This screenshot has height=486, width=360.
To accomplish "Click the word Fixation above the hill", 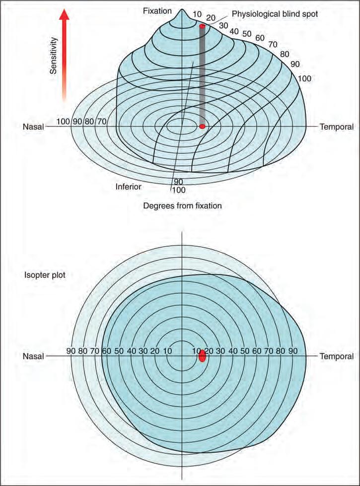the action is [157, 10].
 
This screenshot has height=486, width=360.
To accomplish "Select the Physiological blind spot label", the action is [275, 14].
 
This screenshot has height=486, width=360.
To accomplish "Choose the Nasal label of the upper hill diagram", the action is [33, 127].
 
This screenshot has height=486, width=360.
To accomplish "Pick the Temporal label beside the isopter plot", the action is [337, 356].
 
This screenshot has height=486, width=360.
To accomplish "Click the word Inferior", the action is [129, 187].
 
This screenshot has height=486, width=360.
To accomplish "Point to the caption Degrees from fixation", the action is [182, 205].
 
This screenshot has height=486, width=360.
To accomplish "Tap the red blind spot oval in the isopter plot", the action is [202, 356].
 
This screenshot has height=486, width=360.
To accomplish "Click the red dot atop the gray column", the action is [202, 26].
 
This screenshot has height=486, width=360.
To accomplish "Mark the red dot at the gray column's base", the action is [202, 127].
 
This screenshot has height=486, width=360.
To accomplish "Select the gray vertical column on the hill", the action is [202, 74].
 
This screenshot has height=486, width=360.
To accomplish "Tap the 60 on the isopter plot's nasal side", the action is [106, 351].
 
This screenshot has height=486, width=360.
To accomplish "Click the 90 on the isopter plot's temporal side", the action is [293, 351].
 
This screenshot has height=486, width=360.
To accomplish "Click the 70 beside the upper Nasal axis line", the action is [101, 121].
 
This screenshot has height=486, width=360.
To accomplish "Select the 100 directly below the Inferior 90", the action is [178, 189].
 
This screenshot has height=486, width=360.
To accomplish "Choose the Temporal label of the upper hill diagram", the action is [337, 127].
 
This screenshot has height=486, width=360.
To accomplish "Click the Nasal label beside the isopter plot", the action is [33, 356].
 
